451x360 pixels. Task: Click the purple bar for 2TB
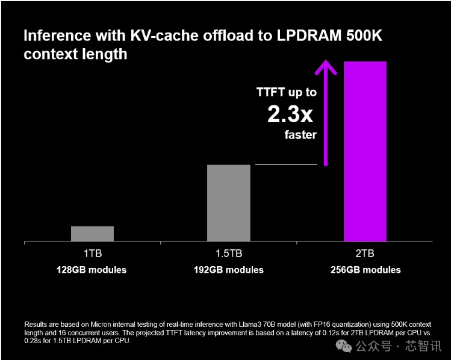(364, 151)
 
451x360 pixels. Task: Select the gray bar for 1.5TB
(228, 203)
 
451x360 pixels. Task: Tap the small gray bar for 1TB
(92, 234)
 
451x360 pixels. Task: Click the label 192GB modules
(228, 270)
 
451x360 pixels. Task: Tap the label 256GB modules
(365, 270)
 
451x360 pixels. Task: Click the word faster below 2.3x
(300, 134)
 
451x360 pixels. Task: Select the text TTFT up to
(287, 92)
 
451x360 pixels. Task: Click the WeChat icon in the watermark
(344, 346)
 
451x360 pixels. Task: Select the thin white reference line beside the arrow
(286, 164)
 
